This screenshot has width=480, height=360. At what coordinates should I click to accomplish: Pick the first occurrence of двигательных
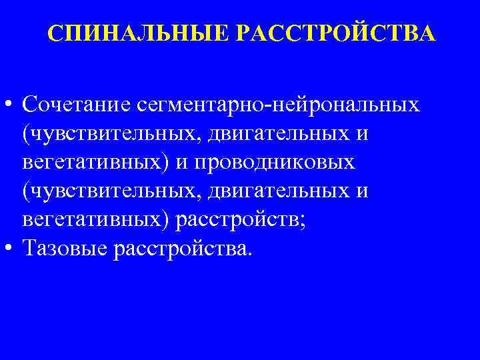pyautogui.click(x=265, y=134)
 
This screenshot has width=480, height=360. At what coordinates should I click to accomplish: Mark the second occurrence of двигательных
pyautogui.click(x=265, y=191)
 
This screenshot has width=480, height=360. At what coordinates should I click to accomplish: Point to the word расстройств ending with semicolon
pyautogui.click(x=235, y=220)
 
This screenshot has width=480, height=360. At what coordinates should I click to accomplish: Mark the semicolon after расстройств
pyautogui.click(x=304, y=223)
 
